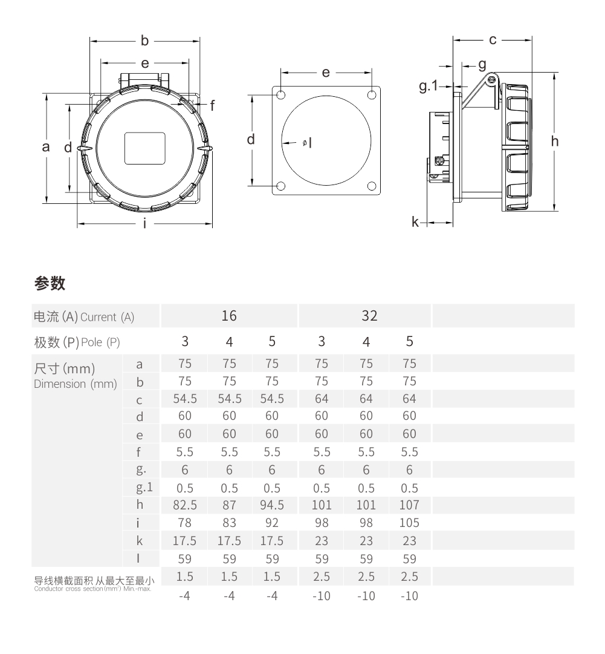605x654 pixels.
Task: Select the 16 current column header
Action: pyautogui.click(x=228, y=315)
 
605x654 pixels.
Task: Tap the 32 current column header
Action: pyautogui.click(x=369, y=315)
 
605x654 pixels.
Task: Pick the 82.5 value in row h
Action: pyautogui.click(x=185, y=505)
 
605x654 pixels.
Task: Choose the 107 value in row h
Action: pyautogui.click(x=409, y=505)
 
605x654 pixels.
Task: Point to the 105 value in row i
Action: pyautogui.click(x=409, y=522)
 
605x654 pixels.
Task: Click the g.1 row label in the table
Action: pyautogui.click(x=139, y=488)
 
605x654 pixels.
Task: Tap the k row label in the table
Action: pyautogui.click(x=140, y=540)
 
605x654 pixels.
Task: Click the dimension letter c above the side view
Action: pyautogui.click(x=493, y=40)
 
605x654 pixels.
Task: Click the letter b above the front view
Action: pyautogui.click(x=144, y=41)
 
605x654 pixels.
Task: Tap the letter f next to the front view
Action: pyautogui.click(x=212, y=105)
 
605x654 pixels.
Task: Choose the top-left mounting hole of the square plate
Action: pyautogui.click(x=281, y=96)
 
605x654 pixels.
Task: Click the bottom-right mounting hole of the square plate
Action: pyautogui.click(x=372, y=186)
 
